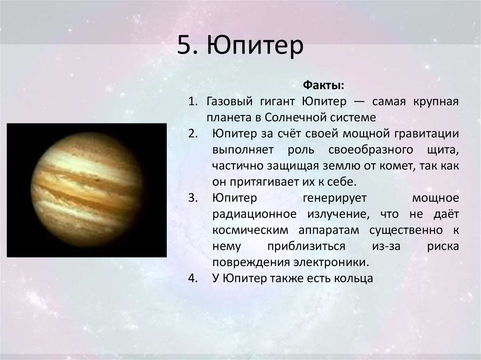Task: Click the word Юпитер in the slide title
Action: tap(255, 46)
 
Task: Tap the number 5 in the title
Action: tap(184, 46)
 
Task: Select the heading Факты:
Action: tap(324, 85)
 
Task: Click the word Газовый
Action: tap(229, 101)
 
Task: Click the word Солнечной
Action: tap(294, 117)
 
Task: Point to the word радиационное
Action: tap(255, 214)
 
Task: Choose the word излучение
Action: tap(338, 214)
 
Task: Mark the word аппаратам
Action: tap(328, 230)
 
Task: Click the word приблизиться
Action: tap(306, 246)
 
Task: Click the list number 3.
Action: tap(193, 198)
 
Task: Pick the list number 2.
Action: tap(193, 134)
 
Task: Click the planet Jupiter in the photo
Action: tap(87, 190)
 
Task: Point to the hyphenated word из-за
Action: tap(386, 246)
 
